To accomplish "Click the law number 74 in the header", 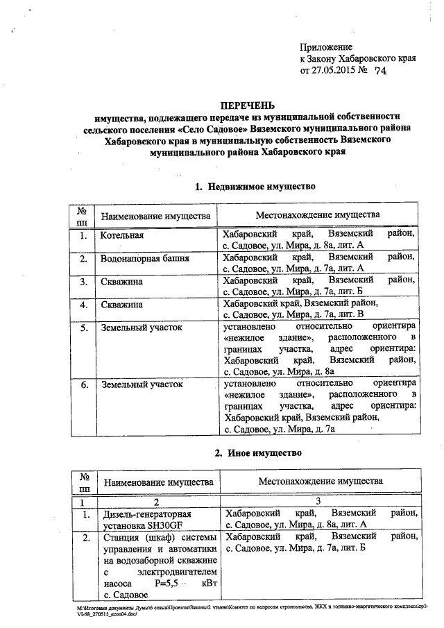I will (380, 71).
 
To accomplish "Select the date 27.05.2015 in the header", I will (336, 71).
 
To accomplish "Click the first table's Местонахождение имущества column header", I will (318, 215).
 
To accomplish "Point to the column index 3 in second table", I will (317, 501).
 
